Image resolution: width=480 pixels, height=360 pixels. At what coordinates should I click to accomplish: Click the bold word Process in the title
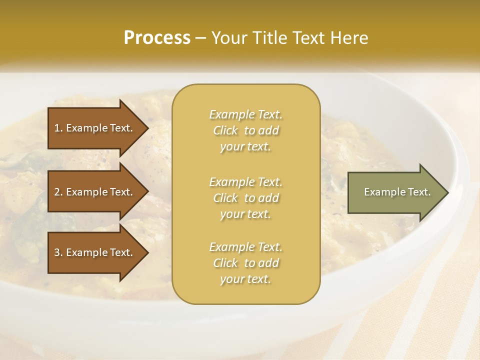tap(157, 38)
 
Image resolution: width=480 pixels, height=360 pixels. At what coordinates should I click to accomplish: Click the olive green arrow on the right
tap(395, 192)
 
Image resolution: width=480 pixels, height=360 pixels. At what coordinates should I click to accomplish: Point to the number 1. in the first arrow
tap(58, 128)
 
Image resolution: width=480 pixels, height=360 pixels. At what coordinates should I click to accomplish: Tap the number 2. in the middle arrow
tap(58, 192)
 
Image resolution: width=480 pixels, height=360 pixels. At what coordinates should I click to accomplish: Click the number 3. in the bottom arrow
tap(58, 252)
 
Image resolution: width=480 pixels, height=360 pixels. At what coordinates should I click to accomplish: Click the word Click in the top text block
tap(225, 130)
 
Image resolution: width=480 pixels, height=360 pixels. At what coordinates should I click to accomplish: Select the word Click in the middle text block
tap(225, 198)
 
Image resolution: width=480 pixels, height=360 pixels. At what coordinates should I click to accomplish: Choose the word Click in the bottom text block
tap(225, 263)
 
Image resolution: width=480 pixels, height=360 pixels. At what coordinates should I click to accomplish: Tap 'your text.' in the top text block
tap(245, 147)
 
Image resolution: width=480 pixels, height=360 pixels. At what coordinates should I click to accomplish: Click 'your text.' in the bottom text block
tap(245, 279)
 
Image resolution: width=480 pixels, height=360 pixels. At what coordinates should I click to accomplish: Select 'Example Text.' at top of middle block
tap(245, 114)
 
